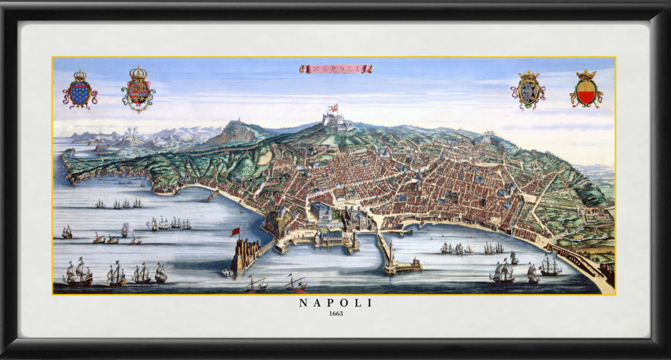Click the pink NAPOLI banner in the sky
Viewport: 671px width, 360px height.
click(x=335, y=68)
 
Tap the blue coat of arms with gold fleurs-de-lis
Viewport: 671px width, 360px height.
click(x=79, y=92)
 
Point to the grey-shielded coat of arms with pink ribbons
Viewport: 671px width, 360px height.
click(x=527, y=92)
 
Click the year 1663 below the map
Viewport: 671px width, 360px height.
click(x=335, y=313)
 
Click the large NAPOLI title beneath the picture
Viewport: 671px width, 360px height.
click(x=335, y=302)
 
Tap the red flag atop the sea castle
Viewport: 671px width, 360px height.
click(x=235, y=231)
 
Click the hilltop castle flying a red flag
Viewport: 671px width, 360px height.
click(x=335, y=119)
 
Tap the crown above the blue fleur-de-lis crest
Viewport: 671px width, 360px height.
click(x=80, y=75)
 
